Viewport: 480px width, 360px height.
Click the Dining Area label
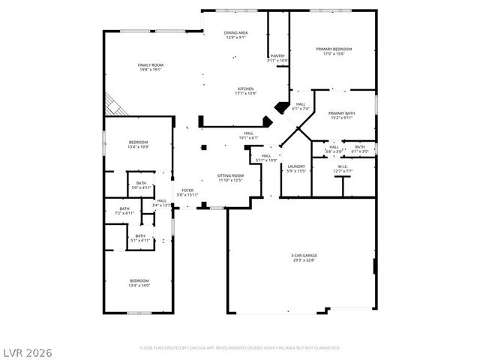coord(236,35)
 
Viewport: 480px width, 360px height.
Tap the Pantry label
coord(277,57)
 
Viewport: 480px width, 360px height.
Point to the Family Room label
coord(150,67)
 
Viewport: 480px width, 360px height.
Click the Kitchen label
coord(246,91)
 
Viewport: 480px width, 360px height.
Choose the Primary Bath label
coord(341,115)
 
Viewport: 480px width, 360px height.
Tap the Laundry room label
coord(295,168)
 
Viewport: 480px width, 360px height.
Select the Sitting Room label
coord(230,177)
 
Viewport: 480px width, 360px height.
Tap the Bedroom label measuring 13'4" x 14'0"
coord(139,283)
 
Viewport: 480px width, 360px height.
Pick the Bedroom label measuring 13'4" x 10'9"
coord(138,144)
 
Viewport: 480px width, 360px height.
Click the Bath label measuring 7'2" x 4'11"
coord(124,211)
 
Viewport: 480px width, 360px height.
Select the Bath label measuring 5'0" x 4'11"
coord(141,185)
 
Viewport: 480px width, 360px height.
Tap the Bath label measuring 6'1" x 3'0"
coord(360,148)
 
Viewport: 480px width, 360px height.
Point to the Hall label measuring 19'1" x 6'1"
coord(248,135)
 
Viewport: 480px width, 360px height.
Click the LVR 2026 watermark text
coord(27,351)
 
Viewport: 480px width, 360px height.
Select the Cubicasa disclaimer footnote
coord(240,348)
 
